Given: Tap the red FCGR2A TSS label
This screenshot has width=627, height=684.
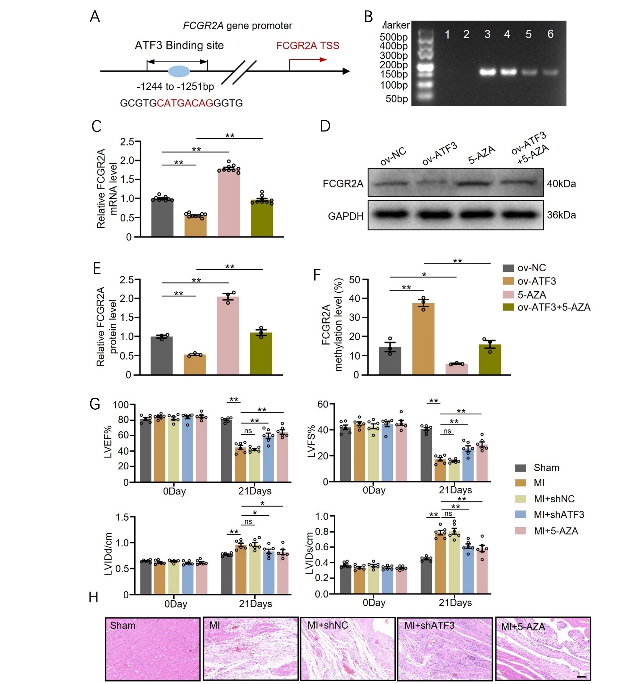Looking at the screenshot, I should coord(308,46).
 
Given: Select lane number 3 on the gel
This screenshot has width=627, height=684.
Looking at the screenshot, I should coord(487,34).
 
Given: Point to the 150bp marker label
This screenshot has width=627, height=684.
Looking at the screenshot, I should coord(394,74).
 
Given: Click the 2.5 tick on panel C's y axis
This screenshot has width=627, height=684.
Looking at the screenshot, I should coord(127,141).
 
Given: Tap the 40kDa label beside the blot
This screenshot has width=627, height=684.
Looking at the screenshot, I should coord(561,184).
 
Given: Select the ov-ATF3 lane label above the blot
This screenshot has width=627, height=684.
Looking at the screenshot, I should coord(440,154).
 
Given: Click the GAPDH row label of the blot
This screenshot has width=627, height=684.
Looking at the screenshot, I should coord(346,216).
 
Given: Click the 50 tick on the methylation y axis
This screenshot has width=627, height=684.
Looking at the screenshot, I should coord(356,280).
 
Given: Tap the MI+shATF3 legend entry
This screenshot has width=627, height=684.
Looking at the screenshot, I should coord(558,515).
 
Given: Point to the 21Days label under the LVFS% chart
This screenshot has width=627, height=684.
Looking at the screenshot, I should coord(455,490).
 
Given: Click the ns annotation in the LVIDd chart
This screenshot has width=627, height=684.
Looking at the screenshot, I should coord(248,521).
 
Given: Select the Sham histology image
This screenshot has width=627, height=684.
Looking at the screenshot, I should coord(152,648).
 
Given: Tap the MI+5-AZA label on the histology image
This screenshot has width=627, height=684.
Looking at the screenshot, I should coord(523,627).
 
